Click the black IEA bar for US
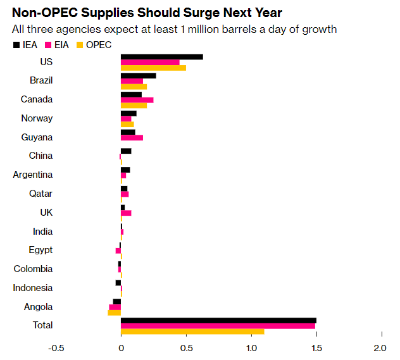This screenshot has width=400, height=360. tap(161, 57)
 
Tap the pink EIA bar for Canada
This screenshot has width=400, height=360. tap(137, 100)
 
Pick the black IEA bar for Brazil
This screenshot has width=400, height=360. tap(138, 76)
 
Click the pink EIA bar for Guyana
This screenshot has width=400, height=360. tap(132, 137)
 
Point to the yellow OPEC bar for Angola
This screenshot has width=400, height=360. tap(115, 313)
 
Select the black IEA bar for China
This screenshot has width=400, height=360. tap(126, 151)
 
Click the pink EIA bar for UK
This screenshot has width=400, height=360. tap(126, 213)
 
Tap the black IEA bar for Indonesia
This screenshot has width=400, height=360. tap(118, 283)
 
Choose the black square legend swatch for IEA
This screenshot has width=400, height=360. tap(16, 45)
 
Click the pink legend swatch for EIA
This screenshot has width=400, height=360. tap(48, 45)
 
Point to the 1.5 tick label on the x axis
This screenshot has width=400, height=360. tap(316, 348)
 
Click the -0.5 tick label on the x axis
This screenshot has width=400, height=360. tap(56, 348)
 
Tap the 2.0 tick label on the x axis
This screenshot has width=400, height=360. tap(380, 348)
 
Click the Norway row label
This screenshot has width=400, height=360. tap(37, 118)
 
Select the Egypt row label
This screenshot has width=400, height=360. tap(41, 250)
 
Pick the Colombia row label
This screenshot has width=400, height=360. tap(33, 269)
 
